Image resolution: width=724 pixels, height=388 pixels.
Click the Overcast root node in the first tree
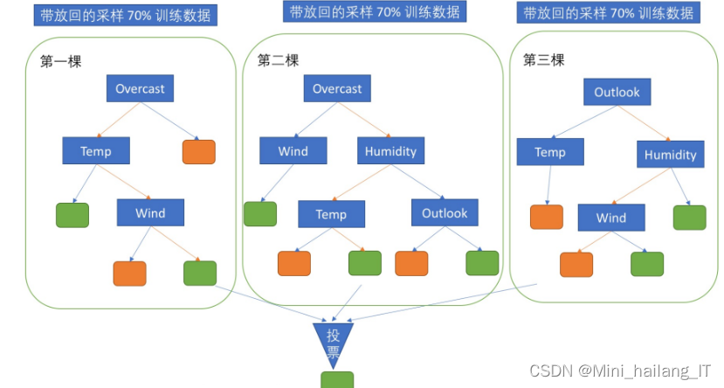coord(140,88)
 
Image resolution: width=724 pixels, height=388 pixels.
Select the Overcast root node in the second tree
coord(337,88)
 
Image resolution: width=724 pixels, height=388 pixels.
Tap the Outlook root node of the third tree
coord(617,92)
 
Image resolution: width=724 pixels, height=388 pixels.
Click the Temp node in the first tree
coord(96,150)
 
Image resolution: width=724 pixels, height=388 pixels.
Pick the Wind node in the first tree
coord(150,212)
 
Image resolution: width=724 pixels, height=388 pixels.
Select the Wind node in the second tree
coord(293,150)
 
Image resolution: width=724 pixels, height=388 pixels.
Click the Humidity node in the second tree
coord(390,150)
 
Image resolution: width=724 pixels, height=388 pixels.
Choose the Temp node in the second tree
coord(331,213)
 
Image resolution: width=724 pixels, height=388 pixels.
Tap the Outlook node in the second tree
coord(445,212)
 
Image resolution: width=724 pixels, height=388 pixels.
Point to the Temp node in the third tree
coord(550,152)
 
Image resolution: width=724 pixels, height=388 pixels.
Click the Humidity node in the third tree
coord(670,155)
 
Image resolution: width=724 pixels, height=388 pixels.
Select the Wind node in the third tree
coord(611,217)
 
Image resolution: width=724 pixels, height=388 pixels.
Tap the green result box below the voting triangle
coord(337,380)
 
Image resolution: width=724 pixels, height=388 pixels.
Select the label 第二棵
coord(278,60)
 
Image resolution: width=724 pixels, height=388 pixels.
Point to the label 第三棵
coord(543,60)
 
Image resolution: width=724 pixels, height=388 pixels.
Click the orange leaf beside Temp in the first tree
coord(199,152)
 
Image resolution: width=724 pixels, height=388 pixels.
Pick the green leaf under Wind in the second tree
coord(260,214)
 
